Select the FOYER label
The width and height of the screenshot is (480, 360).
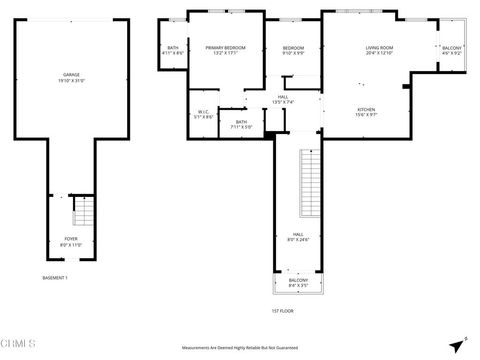pyautogui.click(x=71, y=238)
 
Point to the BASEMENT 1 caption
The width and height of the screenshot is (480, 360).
pyautogui.click(x=54, y=277)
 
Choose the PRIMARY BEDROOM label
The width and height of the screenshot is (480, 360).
pyautogui.click(x=226, y=48)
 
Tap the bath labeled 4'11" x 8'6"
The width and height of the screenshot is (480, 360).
pyautogui.click(x=173, y=52)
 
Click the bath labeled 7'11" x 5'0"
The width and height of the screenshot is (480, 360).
pyautogui.click(x=241, y=124)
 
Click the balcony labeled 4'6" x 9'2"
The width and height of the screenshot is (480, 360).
pyautogui.click(x=452, y=49)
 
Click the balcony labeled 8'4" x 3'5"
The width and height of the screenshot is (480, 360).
pyautogui.click(x=297, y=284)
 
